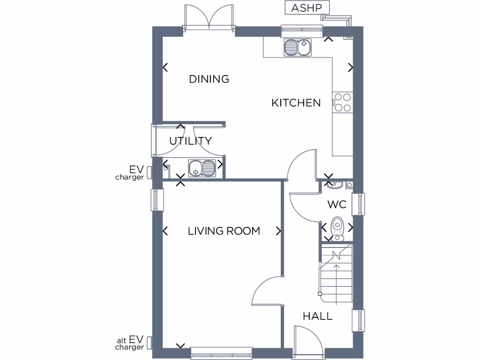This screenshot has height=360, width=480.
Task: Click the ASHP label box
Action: (307, 8)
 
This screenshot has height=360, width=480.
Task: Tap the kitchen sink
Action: (298, 47)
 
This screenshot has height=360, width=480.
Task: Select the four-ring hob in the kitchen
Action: (342, 103)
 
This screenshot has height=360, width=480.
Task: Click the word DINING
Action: (209, 79)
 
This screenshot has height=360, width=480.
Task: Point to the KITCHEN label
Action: (296, 103)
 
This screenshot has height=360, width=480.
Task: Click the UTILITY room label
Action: (190, 141)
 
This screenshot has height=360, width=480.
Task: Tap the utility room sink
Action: (202, 168)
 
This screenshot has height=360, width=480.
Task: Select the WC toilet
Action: (337, 227)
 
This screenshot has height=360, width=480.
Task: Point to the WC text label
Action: (337, 204)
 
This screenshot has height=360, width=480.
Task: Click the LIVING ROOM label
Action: (224, 231)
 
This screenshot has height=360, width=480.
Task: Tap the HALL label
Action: (317, 316)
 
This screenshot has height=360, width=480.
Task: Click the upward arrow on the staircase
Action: (336, 277)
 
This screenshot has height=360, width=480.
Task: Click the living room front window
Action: (221, 354)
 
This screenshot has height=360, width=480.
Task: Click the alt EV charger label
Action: (130, 343)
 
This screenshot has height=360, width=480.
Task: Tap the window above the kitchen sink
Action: (302, 31)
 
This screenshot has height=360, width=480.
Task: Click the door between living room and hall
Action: (267, 291)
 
